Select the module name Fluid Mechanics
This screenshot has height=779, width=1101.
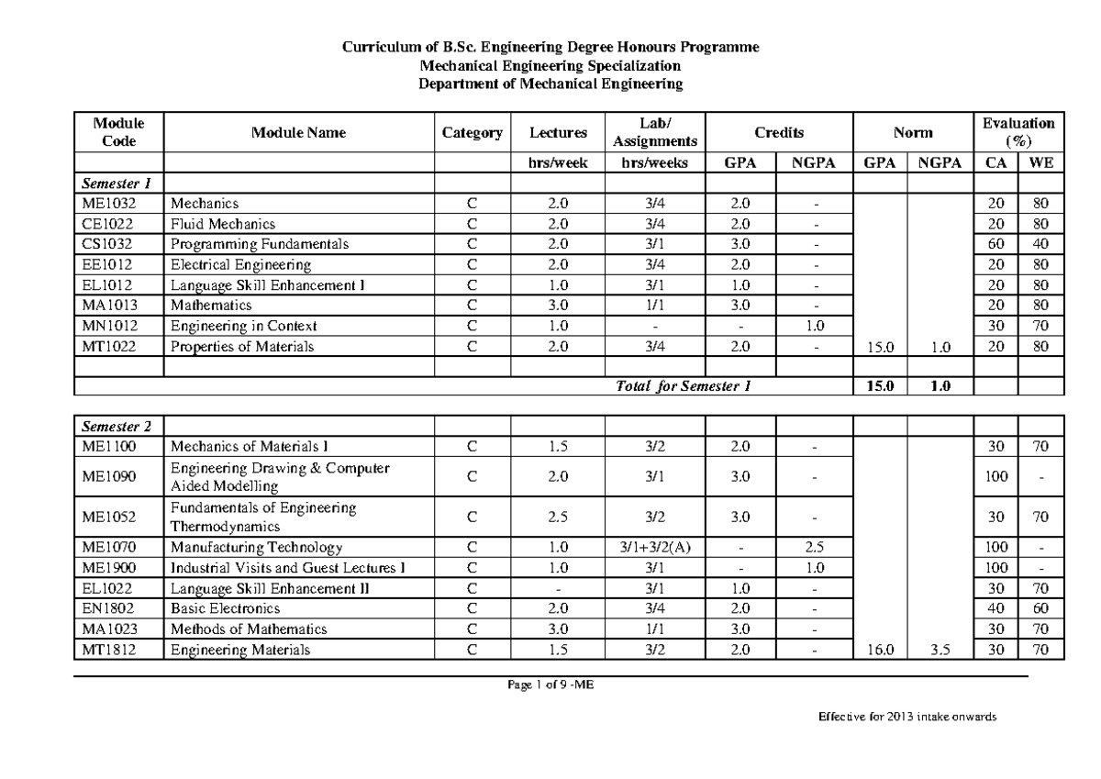click(x=222, y=224)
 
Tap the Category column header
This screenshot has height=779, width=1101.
click(x=472, y=133)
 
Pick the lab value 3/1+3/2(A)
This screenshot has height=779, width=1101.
click(x=654, y=548)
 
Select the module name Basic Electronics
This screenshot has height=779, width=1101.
click(x=225, y=608)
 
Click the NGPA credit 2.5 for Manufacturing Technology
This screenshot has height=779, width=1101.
click(x=814, y=548)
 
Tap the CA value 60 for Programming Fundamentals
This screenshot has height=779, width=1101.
click(x=995, y=244)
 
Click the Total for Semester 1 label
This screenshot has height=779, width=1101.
click(x=684, y=386)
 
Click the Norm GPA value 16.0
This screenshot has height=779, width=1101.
click(x=880, y=650)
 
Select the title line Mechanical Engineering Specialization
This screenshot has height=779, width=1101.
click(x=550, y=65)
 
